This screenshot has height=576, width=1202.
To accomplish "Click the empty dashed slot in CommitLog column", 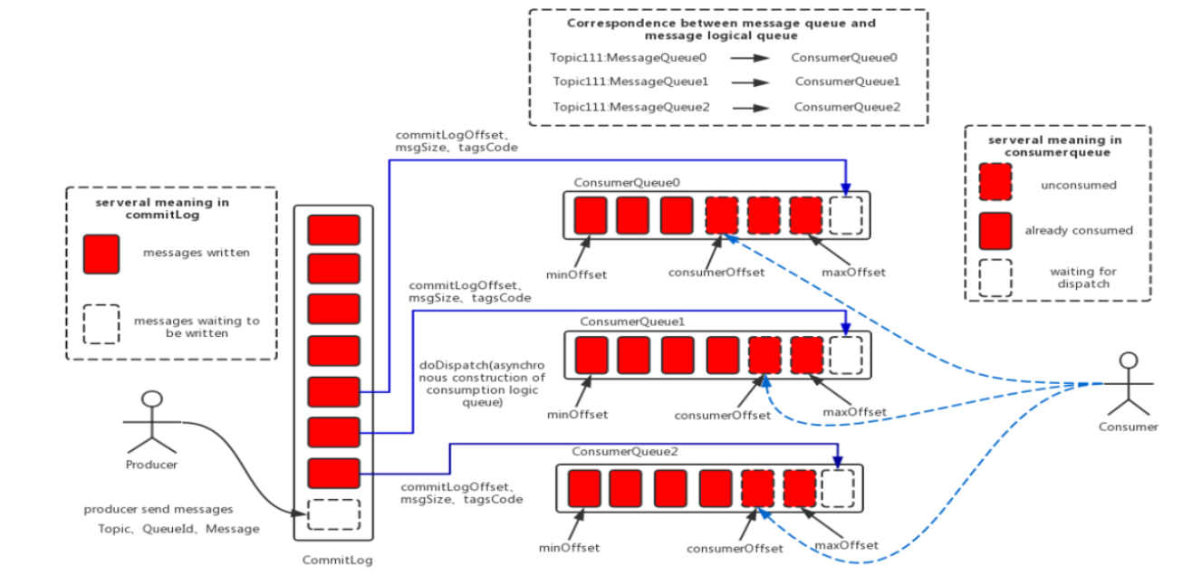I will click(x=333, y=514).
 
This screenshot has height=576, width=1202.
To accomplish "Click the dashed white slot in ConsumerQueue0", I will click(x=847, y=216).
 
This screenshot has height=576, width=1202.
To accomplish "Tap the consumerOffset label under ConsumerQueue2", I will click(x=735, y=548).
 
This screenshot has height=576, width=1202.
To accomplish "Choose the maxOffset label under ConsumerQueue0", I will click(x=853, y=272).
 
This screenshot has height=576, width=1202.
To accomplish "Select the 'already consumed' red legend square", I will click(x=996, y=231).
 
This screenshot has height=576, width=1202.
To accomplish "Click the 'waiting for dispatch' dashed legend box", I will click(x=996, y=277).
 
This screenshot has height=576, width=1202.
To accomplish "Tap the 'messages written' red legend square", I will click(x=101, y=254).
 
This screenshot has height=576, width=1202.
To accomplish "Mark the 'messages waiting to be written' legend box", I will click(x=101, y=323).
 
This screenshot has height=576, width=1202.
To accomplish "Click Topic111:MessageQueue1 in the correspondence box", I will click(x=630, y=82).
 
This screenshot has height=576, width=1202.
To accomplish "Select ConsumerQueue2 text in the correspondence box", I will click(x=848, y=107).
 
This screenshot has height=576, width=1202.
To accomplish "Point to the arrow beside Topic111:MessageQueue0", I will click(x=750, y=58).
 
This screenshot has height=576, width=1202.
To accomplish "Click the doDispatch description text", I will click(x=482, y=384).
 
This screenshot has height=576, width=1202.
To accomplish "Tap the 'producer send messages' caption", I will click(x=159, y=510).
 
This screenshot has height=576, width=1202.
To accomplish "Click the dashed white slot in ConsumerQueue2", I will click(x=837, y=488).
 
